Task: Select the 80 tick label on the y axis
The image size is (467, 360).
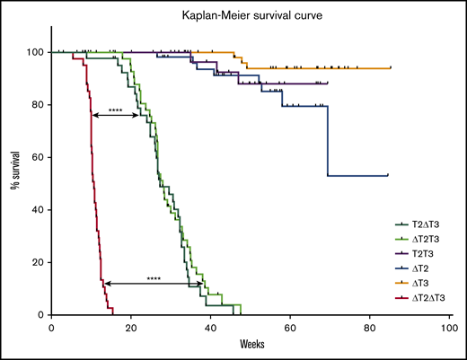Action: pos(38,105)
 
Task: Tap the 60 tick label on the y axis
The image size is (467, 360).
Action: pos(38,157)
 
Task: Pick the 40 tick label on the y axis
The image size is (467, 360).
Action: pos(38,210)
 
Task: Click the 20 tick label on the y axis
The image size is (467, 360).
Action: pos(38,262)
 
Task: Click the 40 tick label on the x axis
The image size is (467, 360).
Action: pos(211,327)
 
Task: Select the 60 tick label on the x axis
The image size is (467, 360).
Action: pos(290,327)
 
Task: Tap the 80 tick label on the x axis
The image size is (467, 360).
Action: pos(370,327)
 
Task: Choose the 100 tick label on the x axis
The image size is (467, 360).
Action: pos(449,327)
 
